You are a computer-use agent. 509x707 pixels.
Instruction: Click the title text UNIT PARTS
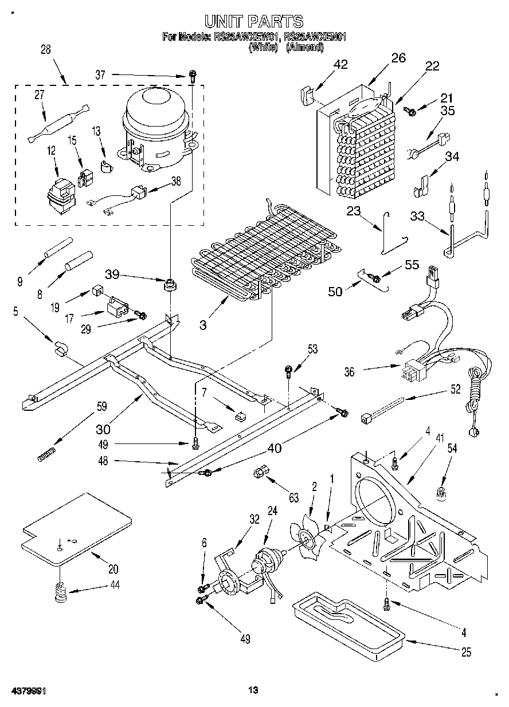click(x=254, y=22)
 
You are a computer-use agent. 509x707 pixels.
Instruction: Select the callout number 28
click(x=45, y=49)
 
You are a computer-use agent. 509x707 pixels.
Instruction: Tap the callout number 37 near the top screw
click(x=100, y=74)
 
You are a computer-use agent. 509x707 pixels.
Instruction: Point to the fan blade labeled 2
click(x=310, y=538)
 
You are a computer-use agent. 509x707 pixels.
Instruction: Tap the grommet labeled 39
click(x=169, y=284)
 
